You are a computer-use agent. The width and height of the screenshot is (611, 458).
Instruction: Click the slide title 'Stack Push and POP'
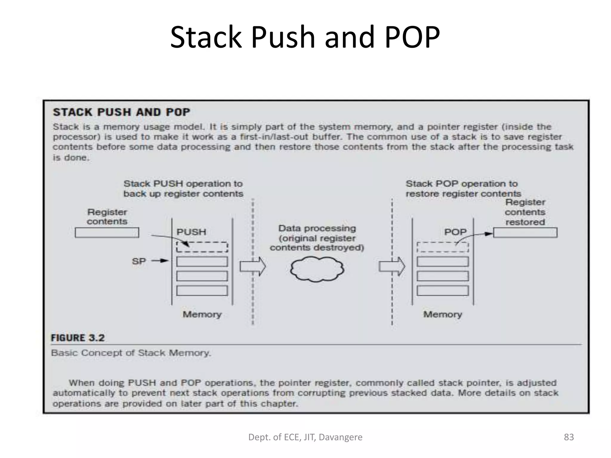(x=305, y=37)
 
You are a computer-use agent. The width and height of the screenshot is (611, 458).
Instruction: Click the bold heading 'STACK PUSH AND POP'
(x=121, y=112)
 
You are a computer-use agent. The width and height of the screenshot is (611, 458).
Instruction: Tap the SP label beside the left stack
(x=139, y=261)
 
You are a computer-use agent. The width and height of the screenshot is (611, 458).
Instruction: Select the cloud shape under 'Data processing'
(x=317, y=269)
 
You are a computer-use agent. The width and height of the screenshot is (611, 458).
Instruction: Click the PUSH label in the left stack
(x=191, y=232)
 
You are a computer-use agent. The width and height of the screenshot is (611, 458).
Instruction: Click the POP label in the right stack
(x=455, y=232)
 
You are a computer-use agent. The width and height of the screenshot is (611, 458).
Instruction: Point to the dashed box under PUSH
(x=202, y=247)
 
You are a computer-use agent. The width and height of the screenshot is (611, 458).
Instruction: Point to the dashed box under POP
(x=442, y=247)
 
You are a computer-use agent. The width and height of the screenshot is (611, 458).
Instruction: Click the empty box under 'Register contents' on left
(x=107, y=233)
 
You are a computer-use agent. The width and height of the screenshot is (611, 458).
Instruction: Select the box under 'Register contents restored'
(x=525, y=233)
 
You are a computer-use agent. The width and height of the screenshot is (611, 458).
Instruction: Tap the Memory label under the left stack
(x=202, y=314)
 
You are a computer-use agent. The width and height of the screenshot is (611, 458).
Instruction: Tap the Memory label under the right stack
(x=442, y=314)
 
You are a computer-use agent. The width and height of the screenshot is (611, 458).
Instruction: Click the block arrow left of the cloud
(x=252, y=266)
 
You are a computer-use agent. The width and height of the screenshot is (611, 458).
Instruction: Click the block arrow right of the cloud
(x=392, y=266)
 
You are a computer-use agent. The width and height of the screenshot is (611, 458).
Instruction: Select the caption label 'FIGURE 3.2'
(x=78, y=338)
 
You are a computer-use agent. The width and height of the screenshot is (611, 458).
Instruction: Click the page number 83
(x=569, y=437)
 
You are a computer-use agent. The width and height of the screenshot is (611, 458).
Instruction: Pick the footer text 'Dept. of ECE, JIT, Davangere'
(x=305, y=437)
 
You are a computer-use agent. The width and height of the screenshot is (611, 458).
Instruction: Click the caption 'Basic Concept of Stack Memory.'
(x=131, y=353)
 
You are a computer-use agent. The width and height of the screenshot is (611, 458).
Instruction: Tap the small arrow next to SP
(x=160, y=261)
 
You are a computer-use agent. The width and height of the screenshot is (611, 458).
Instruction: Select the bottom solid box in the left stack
(x=202, y=291)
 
